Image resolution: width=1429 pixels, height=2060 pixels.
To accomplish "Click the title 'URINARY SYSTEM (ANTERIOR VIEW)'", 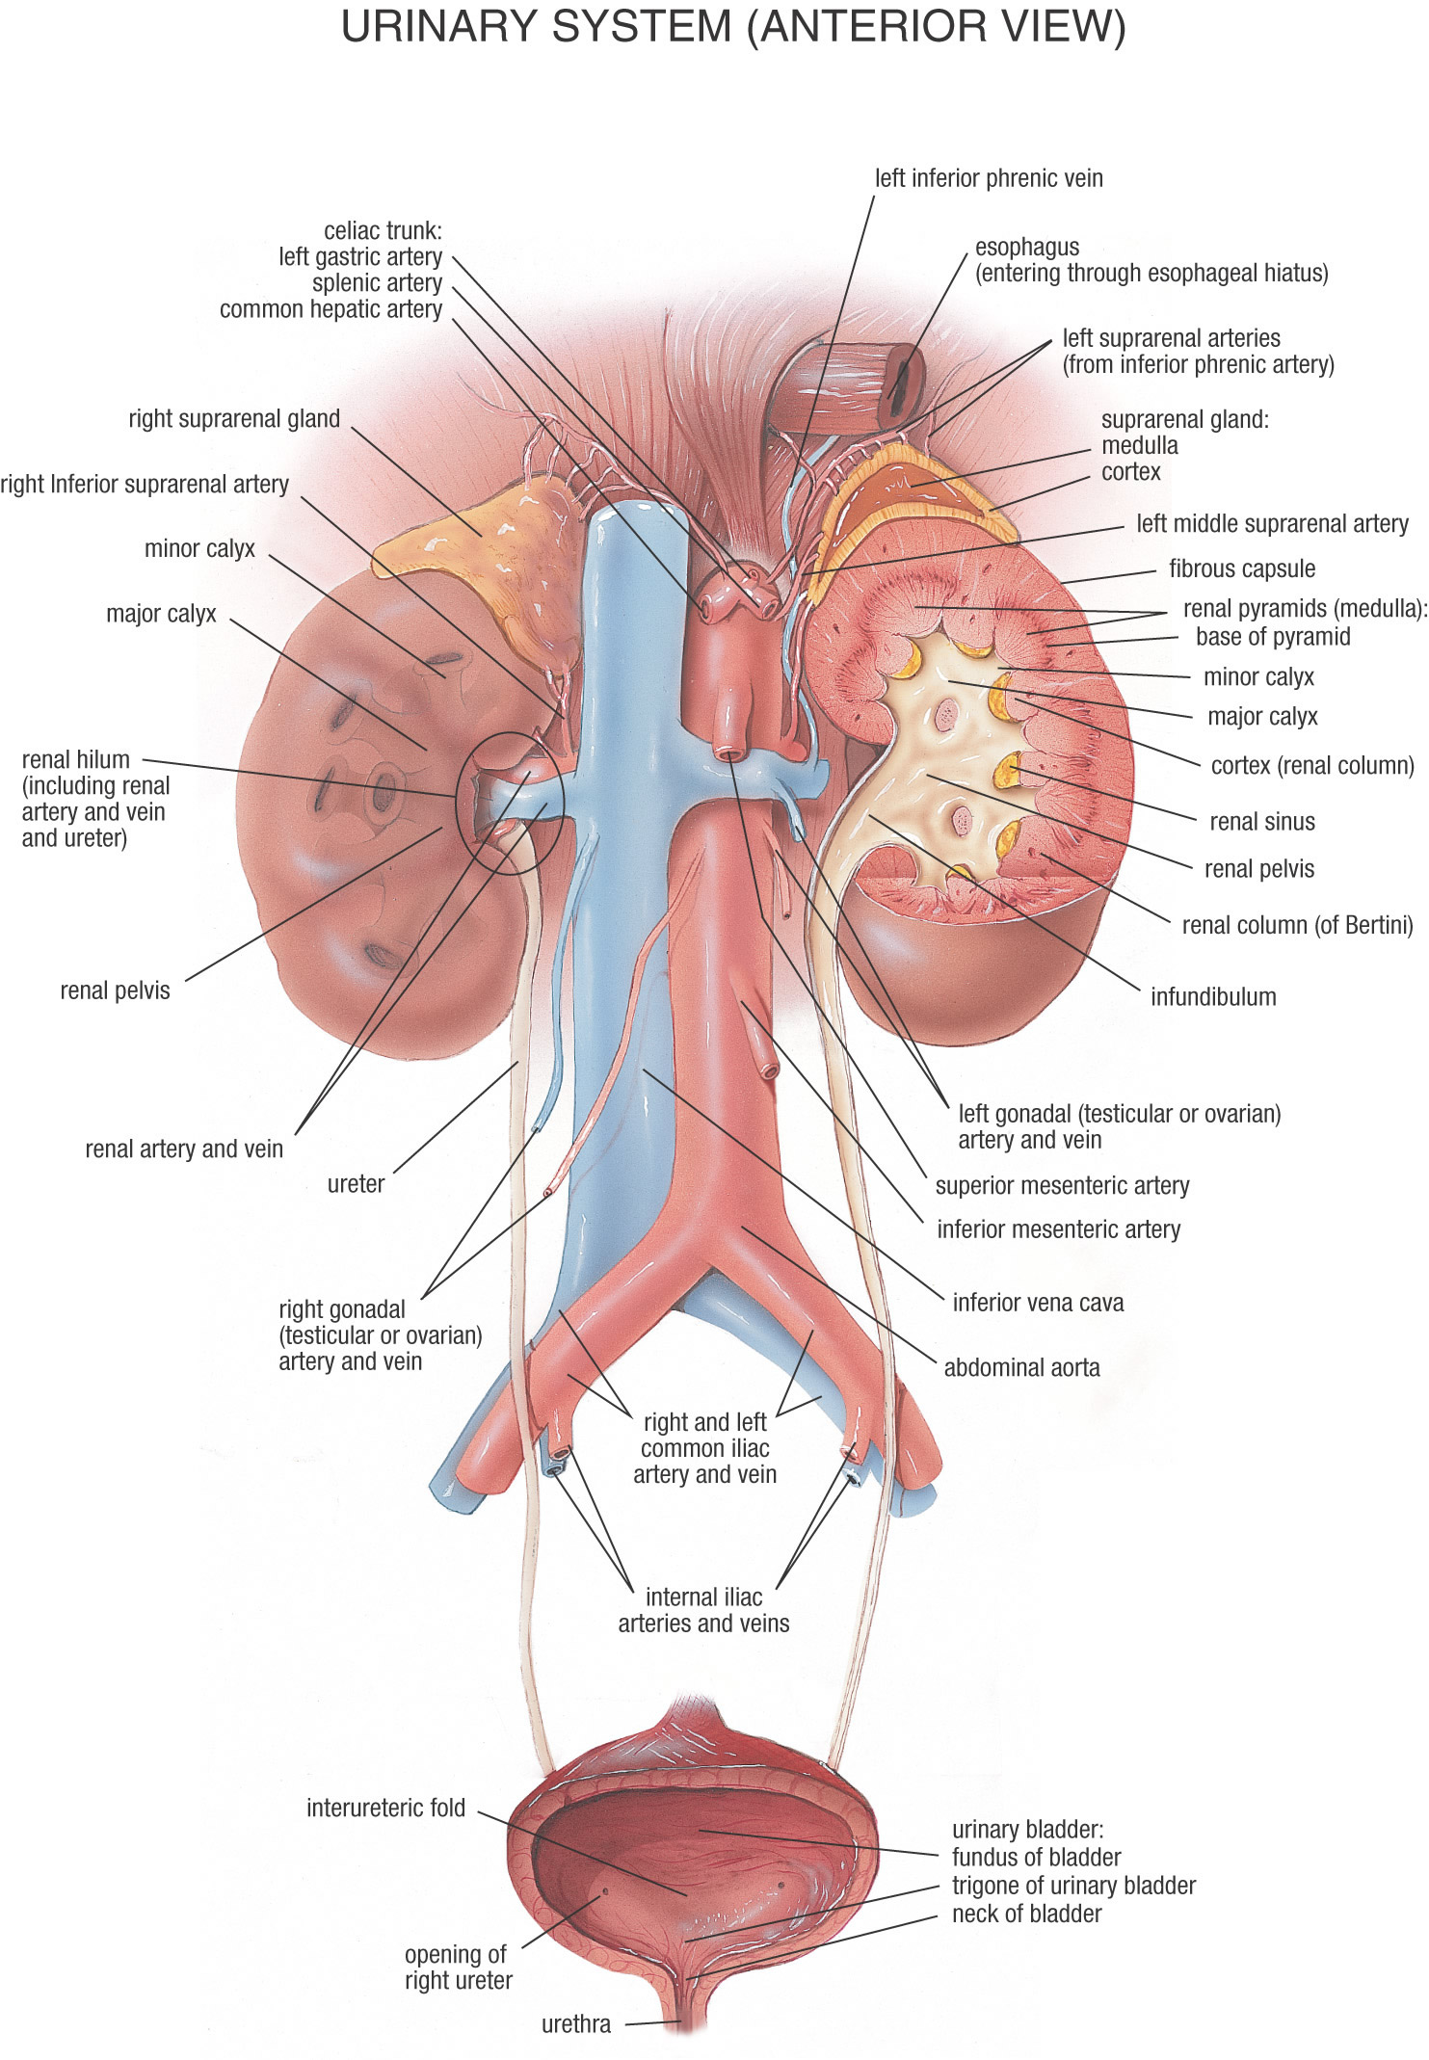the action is coord(733,27).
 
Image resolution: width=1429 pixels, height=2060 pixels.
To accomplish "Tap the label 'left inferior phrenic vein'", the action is coord(989,178).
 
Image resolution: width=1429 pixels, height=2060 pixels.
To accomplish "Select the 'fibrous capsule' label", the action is coord(1242,568).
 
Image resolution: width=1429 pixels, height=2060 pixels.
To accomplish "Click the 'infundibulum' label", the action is coord(1213,996).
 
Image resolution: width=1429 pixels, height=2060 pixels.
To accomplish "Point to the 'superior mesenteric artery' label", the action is coord(1062,1185).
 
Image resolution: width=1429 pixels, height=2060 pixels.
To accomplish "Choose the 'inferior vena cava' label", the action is coord(1038,1303).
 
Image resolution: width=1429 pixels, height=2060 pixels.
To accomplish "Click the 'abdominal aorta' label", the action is coord(1021,1367).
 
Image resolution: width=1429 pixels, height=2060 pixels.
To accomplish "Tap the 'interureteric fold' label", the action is coord(385,1808).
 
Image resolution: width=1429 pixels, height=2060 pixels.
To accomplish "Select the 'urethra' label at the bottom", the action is coord(575,2023).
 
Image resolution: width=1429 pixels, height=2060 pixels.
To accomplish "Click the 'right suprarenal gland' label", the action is coord(234,419).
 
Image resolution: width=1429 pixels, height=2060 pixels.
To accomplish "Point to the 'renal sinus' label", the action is coord(1261,822).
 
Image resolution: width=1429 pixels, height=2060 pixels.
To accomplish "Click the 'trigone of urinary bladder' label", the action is coord(1073,1886).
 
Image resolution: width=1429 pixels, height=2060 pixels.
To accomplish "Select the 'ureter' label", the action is coord(356,1184).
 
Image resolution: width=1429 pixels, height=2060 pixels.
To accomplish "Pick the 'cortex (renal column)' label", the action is coord(1312,766).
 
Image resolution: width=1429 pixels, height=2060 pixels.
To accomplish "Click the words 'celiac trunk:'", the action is coord(383,231).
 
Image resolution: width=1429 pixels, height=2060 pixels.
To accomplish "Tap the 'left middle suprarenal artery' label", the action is coord(1272,524).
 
